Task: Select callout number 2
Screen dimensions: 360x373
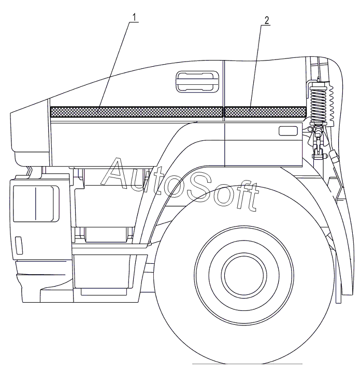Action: click(x=266, y=21)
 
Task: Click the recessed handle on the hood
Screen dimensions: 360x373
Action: click(x=197, y=81)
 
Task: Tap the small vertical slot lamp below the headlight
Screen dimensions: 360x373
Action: click(x=19, y=244)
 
